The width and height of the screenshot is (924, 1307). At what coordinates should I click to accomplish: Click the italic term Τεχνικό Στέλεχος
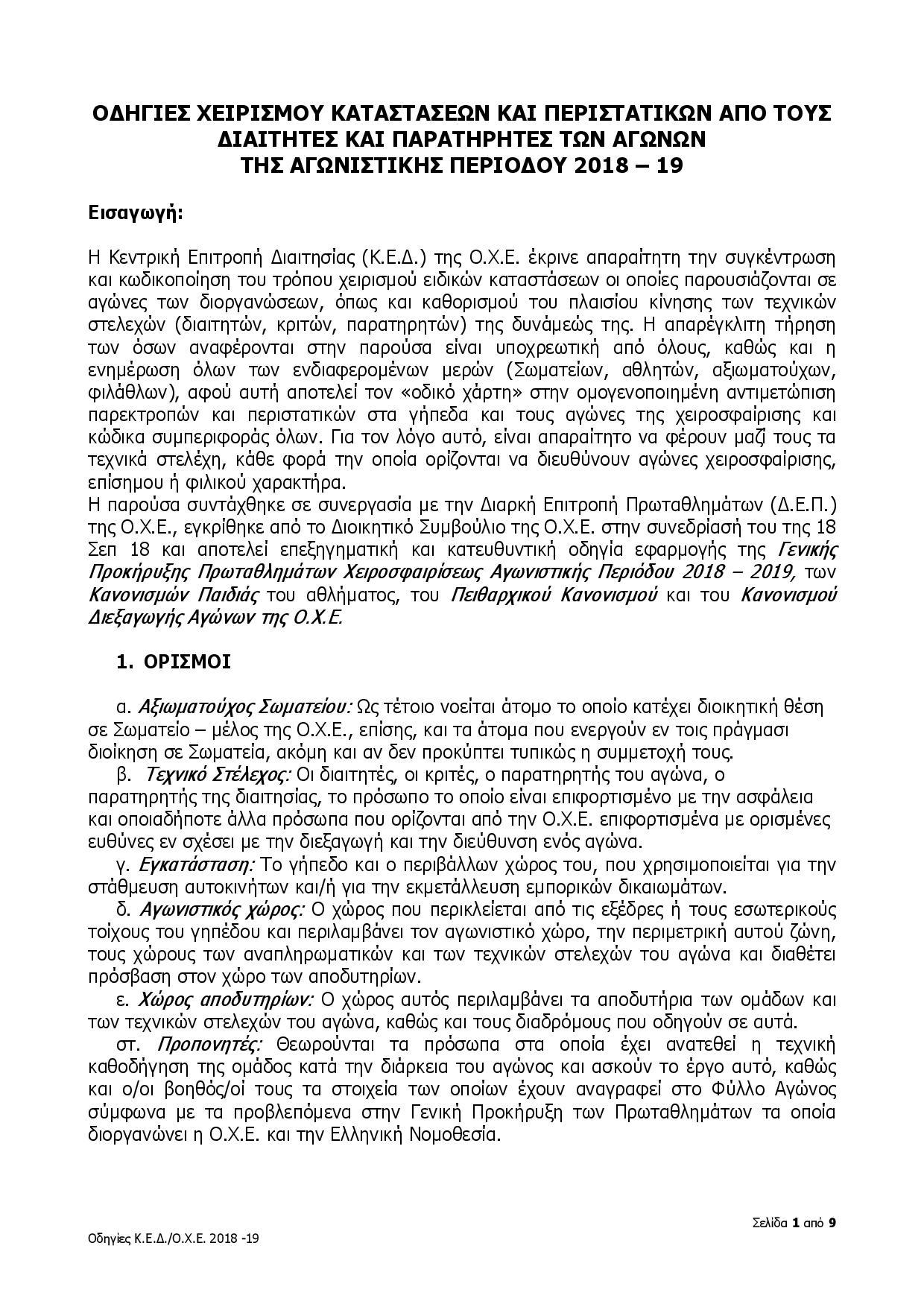click(x=216, y=774)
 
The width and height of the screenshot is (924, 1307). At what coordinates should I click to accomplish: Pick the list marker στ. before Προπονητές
click(x=128, y=1043)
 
